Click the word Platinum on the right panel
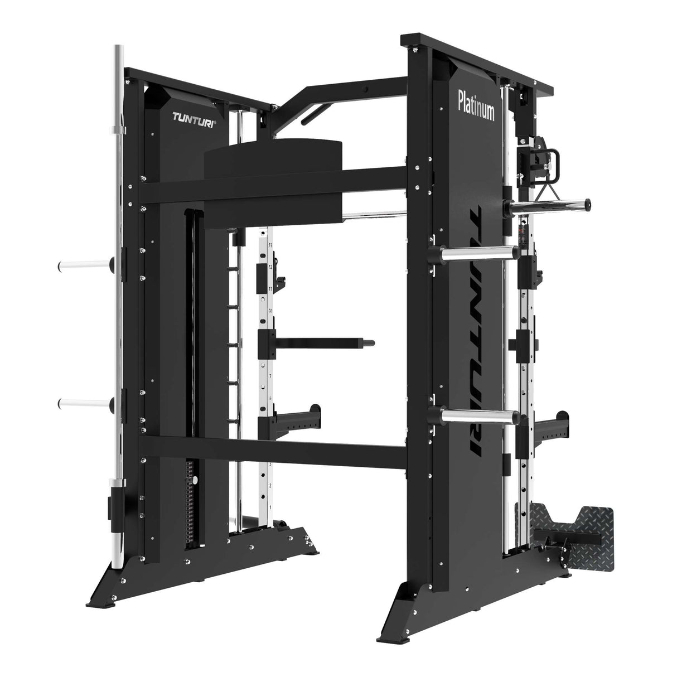click(x=476, y=104)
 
